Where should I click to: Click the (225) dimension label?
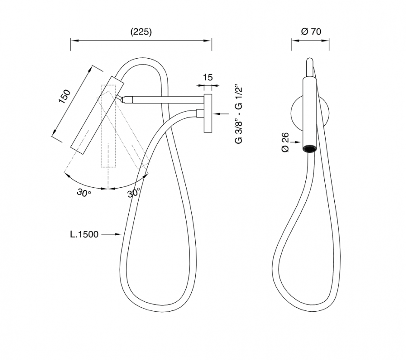click(x=141, y=32)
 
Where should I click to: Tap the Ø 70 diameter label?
click(x=311, y=32)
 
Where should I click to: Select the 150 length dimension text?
click(x=65, y=96)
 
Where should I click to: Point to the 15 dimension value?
click(x=208, y=77)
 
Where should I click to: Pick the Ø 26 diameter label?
click(x=285, y=142)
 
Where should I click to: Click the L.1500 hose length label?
click(x=84, y=234)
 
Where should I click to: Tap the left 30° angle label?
click(x=84, y=193)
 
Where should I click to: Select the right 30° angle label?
click(x=134, y=193)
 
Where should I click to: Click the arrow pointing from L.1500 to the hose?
click(x=111, y=234)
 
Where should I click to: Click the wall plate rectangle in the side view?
click(x=208, y=114)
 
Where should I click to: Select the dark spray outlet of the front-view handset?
click(x=310, y=149)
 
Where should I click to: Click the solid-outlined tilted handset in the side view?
click(x=97, y=115)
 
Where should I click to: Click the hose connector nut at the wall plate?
click(x=200, y=114)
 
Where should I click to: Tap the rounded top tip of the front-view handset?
click(x=310, y=60)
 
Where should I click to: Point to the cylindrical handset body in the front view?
click(x=310, y=112)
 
